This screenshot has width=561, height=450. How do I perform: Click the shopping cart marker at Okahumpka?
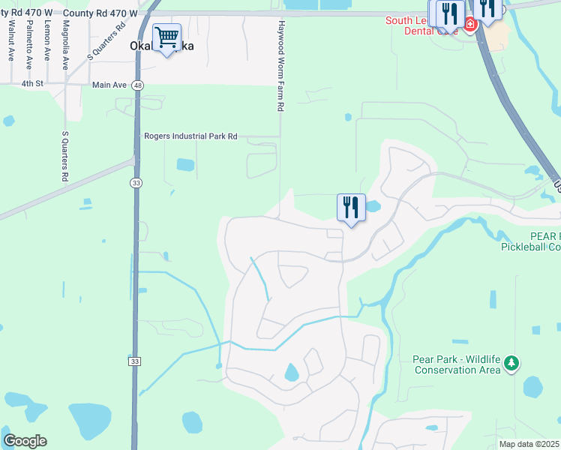click(166, 37)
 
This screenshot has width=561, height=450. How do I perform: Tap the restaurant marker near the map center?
click(351, 207)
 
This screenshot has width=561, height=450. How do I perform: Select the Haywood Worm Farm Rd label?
click(280, 66)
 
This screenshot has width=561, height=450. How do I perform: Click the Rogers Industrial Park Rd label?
click(190, 136)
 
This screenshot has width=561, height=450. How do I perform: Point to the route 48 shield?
click(137, 85)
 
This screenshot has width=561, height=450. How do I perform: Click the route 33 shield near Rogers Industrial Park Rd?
click(135, 182)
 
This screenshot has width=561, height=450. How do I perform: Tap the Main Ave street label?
click(109, 85)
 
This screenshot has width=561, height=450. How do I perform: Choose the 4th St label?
click(32, 83)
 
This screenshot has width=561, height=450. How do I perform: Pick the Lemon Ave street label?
click(47, 40)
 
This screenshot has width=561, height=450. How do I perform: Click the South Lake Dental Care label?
click(421, 26)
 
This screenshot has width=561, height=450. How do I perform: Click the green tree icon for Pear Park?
click(511, 364)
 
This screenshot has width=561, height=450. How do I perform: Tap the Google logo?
click(24, 441)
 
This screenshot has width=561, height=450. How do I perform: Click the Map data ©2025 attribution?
click(529, 444)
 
